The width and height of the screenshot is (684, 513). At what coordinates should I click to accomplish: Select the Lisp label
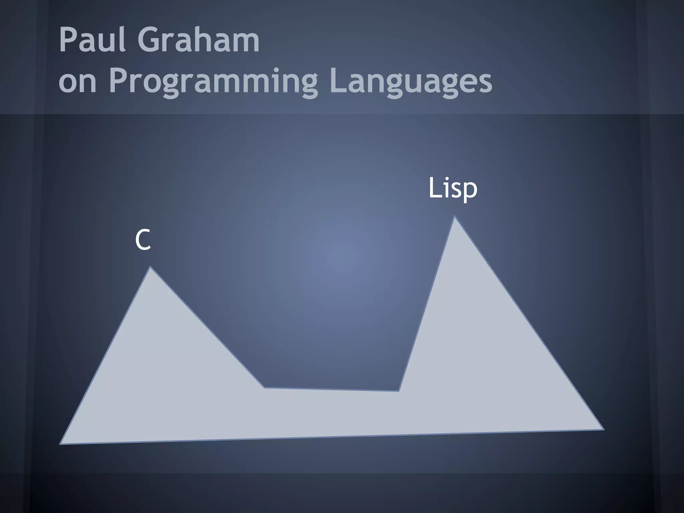click(x=453, y=188)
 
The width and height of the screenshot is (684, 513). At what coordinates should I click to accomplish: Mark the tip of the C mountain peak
click(x=150, y=267)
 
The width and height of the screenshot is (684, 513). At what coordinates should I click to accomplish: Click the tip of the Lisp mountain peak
click(x=455, y=216)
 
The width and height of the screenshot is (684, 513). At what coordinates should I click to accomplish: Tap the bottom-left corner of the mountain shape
click(x=60, y=444)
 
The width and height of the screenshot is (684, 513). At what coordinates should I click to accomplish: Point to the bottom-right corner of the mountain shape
click(x=603, y=430)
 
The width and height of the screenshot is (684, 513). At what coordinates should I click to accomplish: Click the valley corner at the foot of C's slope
click(x=265, y=387)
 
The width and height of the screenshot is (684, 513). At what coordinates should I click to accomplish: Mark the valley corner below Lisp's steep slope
click(x=398, y=391)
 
